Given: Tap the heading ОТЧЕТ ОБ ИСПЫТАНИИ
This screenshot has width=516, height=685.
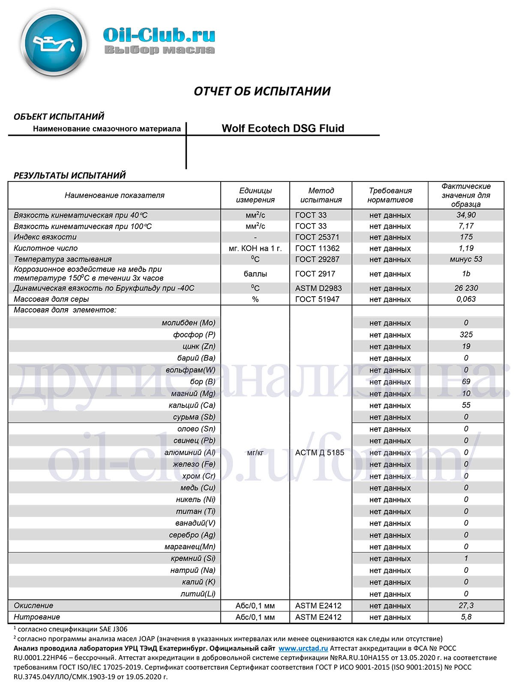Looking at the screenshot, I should pyautogui.click(x=262, y=91).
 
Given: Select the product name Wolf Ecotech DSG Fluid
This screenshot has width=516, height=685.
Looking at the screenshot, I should pyautogui.click(x=283, y=128).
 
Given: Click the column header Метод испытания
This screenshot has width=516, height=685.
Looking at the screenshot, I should pyautogui.click(x=321, y=195).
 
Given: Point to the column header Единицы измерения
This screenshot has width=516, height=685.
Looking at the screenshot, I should pyautogui.click(x=255, y=195).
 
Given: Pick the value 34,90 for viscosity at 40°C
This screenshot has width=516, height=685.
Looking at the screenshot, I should pyautogui.click(x=466, y=215).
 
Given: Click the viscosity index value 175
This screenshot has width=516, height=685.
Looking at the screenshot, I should pyautogui.click(x=466, y=237).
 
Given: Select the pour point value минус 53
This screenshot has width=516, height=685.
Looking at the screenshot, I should pyautogui.click(x=466, y=259).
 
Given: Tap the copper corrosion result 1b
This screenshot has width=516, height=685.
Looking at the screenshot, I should pyautogui.click(x=466, y=274).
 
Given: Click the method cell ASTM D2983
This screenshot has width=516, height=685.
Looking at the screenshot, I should pyautogui.click(x=318, y=288).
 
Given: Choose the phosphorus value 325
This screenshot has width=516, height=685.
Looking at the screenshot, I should pyautogui.click(x=466, y=334).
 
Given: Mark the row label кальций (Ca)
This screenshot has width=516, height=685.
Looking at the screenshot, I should pyautogui.click(x=192, y=405).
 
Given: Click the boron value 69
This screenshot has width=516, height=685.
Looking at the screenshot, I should pyautogui.click(x=466, y=381).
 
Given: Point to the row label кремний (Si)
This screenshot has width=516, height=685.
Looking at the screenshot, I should pyautogui.click(x=193, y=558).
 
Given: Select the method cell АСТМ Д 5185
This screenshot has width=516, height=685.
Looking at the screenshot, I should pyautogui.click(x=320, y=453).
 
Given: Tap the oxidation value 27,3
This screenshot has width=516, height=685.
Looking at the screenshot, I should pyautogui.click(x=466, y=605).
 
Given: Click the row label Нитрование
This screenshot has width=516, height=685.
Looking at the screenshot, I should pyautogui.click(x=37, y=617).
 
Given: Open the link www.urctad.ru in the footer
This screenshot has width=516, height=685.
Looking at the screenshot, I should pyautogui.click(x=303, y=649).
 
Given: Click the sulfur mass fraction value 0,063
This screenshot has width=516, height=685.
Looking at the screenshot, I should pyautogui.click(x=466, y=299).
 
